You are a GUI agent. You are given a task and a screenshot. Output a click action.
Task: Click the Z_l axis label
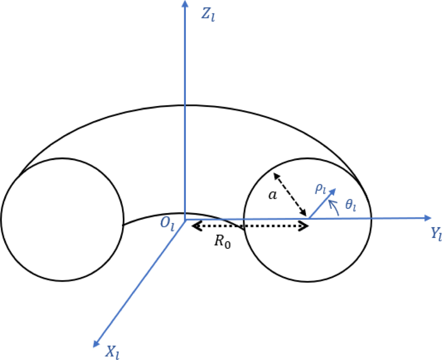click(x=208, y=15)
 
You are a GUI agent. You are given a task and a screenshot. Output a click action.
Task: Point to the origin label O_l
click(x=167, y=225)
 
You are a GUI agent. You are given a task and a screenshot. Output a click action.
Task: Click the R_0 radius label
click(x=222, y=242)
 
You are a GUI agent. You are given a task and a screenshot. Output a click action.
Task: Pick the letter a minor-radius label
click(x=273, y=195)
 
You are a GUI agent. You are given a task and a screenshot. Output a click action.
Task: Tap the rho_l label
click(x=320, y=189)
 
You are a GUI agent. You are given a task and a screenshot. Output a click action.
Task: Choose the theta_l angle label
click(x=351, y=205)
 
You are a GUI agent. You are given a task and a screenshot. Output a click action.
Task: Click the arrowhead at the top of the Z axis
click(x=185, y=4)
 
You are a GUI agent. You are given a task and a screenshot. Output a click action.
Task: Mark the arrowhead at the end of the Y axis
click(x=428, y=218)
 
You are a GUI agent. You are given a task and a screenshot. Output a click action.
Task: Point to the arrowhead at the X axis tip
click(x=96, y=343)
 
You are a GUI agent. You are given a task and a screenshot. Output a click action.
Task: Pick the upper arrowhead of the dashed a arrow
click(x=277, y=176)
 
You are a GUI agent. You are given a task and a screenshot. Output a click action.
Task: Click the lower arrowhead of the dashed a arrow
click(x=303, y=212)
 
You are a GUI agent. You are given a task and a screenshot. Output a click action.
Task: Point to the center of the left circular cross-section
click(x=62, y=220)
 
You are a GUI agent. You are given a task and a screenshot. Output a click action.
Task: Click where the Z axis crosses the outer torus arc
click(x=185, y=105)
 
